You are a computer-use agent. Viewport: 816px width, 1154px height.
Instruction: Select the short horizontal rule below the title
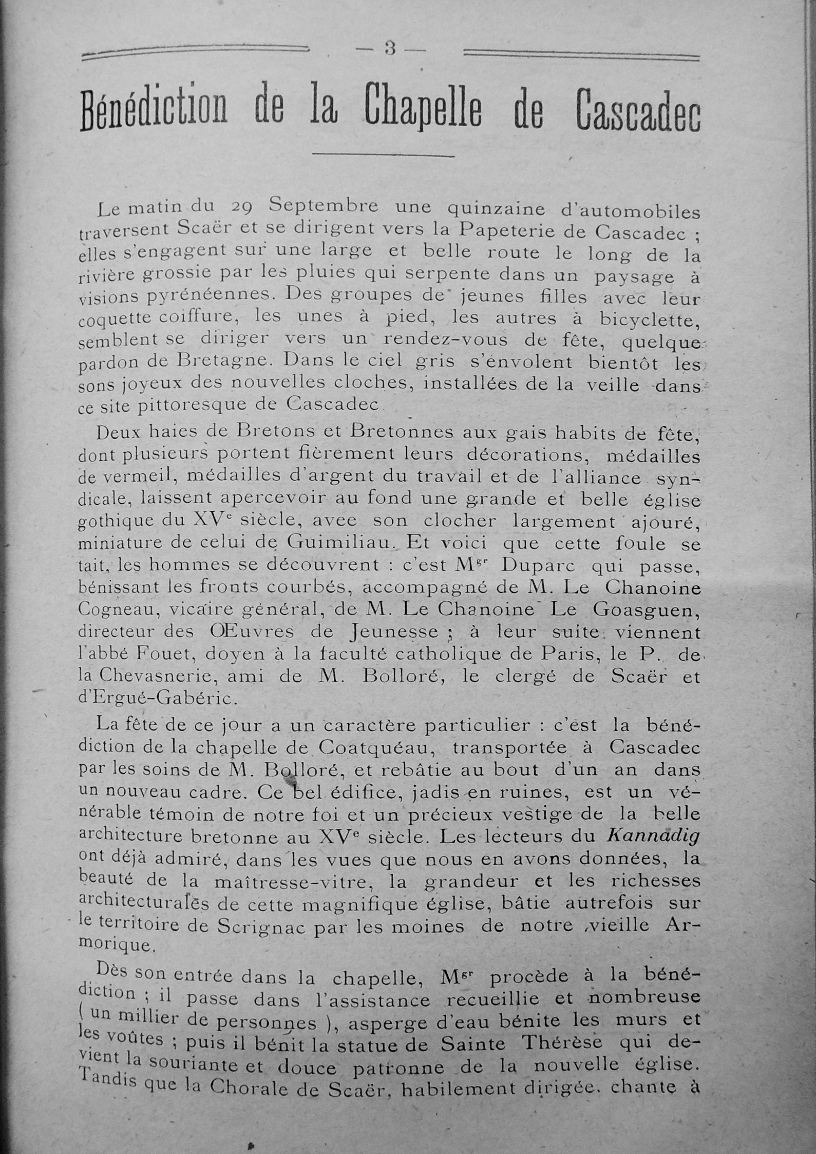[x=383, y=156]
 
